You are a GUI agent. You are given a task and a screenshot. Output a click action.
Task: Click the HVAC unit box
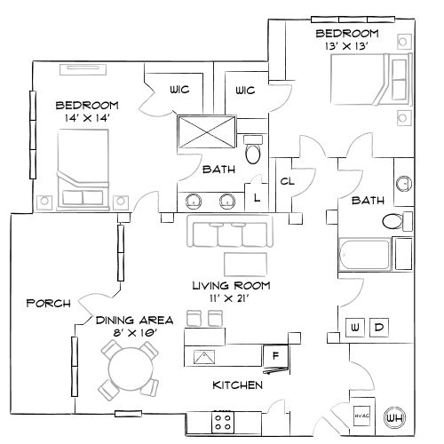(x=361, y=416)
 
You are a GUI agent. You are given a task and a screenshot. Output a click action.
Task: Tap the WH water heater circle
(x=393, y=416)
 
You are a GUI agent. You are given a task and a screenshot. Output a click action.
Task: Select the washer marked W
(x=356, y=327)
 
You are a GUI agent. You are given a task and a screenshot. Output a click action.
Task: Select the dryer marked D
(x=378, y=327)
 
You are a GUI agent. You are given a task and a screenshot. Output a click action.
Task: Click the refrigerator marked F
(x=274, y=356)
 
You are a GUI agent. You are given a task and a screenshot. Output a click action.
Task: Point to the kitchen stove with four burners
(x=222, y=420)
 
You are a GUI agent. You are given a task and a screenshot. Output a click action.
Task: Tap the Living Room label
(x=231, y=286)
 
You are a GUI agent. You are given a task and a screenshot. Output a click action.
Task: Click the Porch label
(x=48, y=303)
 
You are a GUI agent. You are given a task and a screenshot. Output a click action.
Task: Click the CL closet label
(x=287, y=181)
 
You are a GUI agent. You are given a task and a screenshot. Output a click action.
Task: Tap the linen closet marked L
(x=258, y=198)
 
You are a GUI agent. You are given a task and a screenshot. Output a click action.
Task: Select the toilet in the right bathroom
(x=394, y=222)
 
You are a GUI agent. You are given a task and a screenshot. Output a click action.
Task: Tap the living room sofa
(x=231, y=233)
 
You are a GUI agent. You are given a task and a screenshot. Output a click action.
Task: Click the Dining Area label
(x=135, y=319)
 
